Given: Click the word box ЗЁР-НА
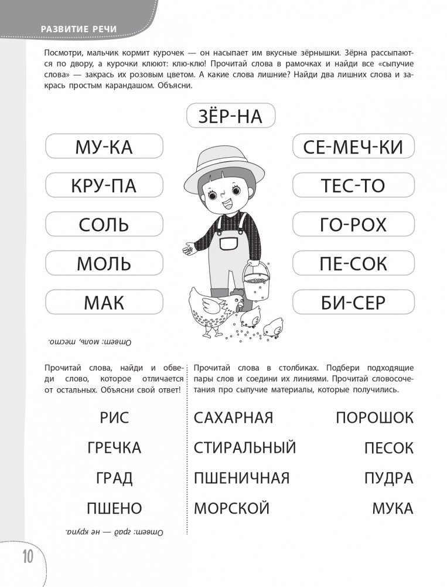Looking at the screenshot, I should coord(230,115).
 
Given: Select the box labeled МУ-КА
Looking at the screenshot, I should coord(104,146).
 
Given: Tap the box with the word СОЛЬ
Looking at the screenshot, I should coord(104,225).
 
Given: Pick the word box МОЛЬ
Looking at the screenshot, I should coord(104,263).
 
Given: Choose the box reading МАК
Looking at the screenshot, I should coord(104,303).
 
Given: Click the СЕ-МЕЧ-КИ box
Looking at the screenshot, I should coord(353,146).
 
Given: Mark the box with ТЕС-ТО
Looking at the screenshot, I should coord(353,185).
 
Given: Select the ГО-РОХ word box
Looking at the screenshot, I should coord(353,225).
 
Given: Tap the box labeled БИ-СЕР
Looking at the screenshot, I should coord(353,303).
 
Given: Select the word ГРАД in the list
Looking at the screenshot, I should coord(114,478).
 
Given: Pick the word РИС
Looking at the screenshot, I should coord(114,418).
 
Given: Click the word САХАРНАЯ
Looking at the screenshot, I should coord(233,418).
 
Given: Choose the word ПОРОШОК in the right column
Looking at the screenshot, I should coord(374,418).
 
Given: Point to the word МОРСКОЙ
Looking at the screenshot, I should coord(231,508).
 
